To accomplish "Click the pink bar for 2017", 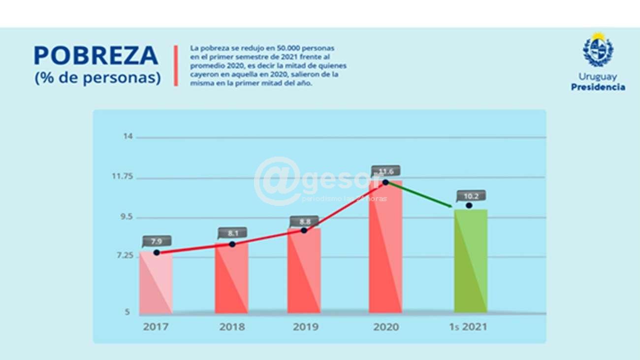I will (x=156, y=283).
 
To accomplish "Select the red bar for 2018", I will (x=231, y=278).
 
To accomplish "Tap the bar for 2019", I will (x=304, y=271).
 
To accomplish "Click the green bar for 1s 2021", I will (x=471, y=261).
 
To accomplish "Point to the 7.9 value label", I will (x=157, y=241).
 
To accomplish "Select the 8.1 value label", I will (x=232, y=233).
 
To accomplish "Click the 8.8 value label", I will (x=304, y=222).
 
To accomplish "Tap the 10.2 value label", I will (x=471, y=196).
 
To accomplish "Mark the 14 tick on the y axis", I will (x=128, y=136).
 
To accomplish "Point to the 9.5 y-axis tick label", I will (x=125, y=217).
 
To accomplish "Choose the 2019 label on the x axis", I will (x=305, y=327).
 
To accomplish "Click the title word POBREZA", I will (x=96, y=56).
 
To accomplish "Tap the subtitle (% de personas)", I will (x=97, y=78).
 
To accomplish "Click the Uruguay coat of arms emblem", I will (x=598, y=51).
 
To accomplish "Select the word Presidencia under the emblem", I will (x=598, y=87).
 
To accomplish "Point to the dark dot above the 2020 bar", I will (x=385, y=182).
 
